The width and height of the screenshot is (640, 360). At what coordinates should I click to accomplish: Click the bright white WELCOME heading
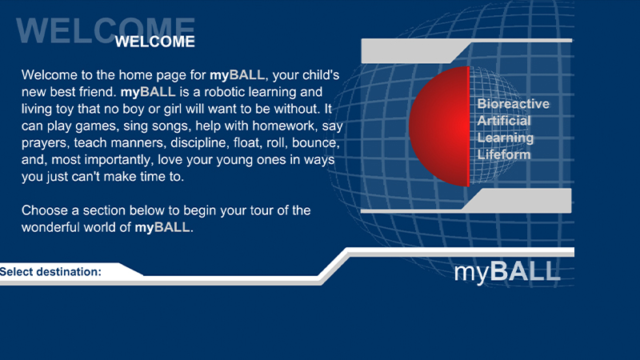coord(154,42)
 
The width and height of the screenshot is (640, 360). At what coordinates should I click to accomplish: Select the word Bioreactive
coord(513,104)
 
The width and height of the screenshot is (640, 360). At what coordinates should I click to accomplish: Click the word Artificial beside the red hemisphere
coord(504,121)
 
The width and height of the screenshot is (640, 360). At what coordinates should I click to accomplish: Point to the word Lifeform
coord(504,154)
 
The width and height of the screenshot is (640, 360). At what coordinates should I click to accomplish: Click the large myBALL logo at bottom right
coord(506,271)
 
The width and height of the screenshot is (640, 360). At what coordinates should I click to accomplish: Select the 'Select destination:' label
coord(51,272)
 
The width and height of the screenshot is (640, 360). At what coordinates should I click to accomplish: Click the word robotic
coord(213,92)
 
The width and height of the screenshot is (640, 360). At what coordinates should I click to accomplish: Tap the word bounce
coord(315,145)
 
